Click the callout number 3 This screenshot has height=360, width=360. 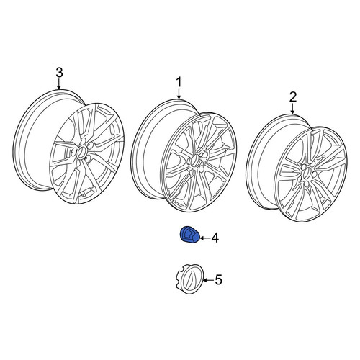pos(59,73)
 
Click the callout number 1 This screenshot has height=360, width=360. pos(179,82)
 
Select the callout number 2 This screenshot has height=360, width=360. pos(293,97)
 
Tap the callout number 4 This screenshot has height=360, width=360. pos(215,238)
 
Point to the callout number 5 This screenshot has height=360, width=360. pos(218,280)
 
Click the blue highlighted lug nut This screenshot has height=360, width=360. pos(189,235)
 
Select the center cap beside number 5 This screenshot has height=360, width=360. pos(189,279)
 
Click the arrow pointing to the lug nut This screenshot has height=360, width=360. pos(205,238)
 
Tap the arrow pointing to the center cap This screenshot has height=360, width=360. pos(209,280)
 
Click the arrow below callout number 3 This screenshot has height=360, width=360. pos(59,84)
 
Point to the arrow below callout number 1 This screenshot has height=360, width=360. pos(179,94)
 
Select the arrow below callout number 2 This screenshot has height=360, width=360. pos(293,109)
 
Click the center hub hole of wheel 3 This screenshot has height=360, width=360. pos(81,152)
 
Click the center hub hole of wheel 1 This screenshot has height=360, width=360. pos(194,161)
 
